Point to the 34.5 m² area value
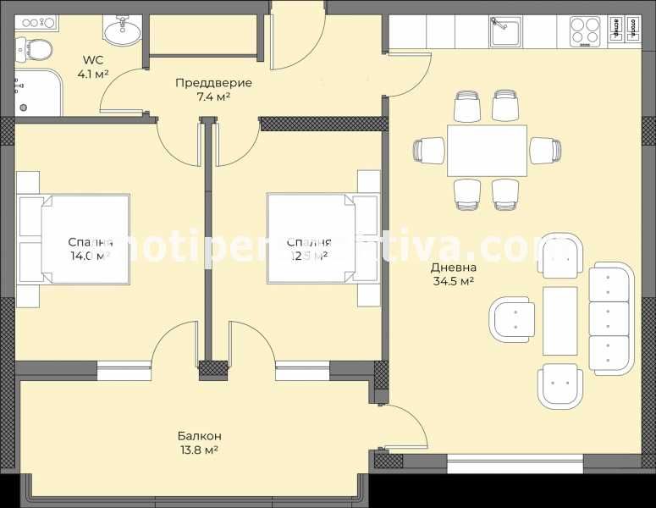(x=453, y=281)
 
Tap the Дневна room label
(x=453, y=267)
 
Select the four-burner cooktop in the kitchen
(x=584, y=31)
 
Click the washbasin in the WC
(x=122, y=32)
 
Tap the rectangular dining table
(x=487, y=150)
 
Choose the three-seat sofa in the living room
(x=611, y=318)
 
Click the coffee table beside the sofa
(x=560, y=320)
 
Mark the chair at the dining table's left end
(x=429, y=150)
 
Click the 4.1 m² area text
(x=91, y=74)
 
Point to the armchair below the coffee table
(x=560, y=385)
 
